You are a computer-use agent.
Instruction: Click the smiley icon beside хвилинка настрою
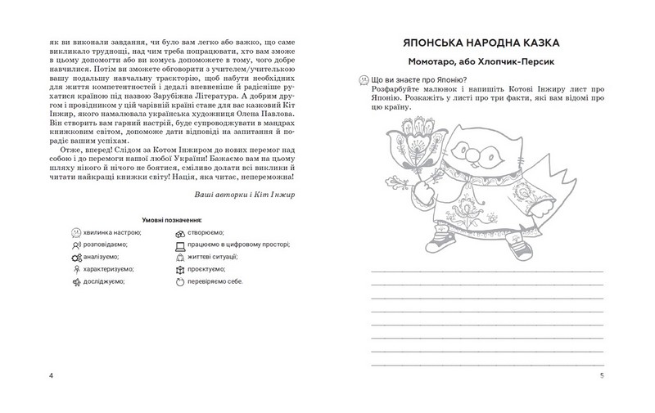pos(75,233)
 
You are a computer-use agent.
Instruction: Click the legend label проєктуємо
pos(209,268)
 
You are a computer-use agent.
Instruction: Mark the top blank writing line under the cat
pos(486,269)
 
